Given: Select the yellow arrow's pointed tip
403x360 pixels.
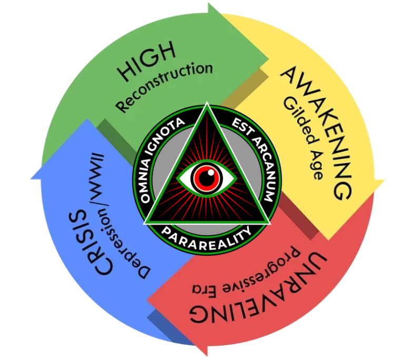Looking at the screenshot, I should [x=384, y=184].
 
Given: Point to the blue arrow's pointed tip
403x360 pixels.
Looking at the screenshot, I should [x=33, y=174].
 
